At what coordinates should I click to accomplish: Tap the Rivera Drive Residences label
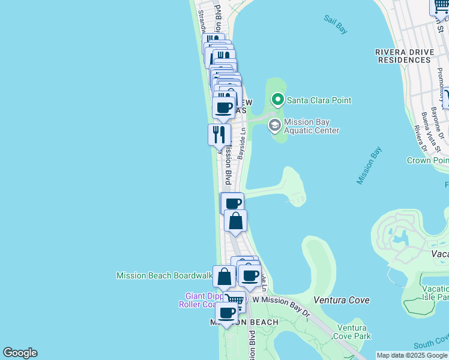pyautogui.click(x=404, y=56)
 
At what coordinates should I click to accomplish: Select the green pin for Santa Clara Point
pyautogui.click(x=277, y=100)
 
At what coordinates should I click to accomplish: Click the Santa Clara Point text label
pyautogui.click(x=319, y=100)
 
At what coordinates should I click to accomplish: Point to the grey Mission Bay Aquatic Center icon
pyautogui.click(x=275, y=125)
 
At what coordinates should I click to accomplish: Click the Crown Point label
pyautogui.click(x=427, y=160)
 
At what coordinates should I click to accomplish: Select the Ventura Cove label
pyautogui.click(x=342, y=299)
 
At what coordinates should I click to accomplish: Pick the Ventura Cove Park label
pyautogui.click(x=352, y=332)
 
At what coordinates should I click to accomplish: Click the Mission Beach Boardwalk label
pyautogui.click(x=164, y=275)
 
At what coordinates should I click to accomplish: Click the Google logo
pyautogui.click(x=20, y=353)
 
